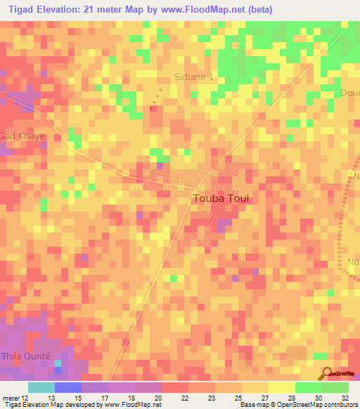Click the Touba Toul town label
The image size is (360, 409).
(221, 198)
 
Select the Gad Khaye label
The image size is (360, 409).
(22, 136)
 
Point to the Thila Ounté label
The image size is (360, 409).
(25, 356)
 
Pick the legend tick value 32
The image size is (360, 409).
(345, 398)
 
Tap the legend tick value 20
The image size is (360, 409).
(159, 398)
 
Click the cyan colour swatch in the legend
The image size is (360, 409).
(41, 387)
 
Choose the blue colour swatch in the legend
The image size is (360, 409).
(68, 387)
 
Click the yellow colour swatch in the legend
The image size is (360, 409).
(281, 387)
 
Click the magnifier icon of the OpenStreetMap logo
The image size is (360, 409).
(326, 372)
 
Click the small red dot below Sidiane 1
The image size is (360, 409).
(151, 109)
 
